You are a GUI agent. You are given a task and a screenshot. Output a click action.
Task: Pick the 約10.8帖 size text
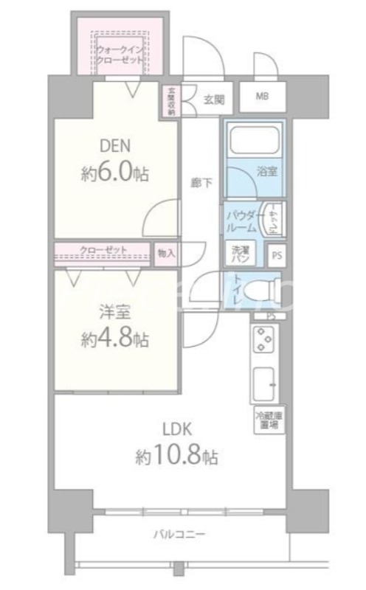pos(176,457)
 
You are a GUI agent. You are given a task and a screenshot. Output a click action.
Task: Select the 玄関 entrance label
pos(213,99)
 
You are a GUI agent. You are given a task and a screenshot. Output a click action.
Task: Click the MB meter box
pos(263,97)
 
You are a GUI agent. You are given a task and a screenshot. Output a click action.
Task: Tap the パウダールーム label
pos(241,219)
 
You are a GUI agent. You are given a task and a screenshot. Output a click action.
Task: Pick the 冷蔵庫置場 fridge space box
pos(267,420)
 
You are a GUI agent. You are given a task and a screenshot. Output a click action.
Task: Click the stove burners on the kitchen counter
pos(263,340)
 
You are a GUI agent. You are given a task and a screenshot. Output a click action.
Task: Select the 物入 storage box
pos(167,253)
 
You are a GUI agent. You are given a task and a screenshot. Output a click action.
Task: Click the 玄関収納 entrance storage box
pos(170,102)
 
